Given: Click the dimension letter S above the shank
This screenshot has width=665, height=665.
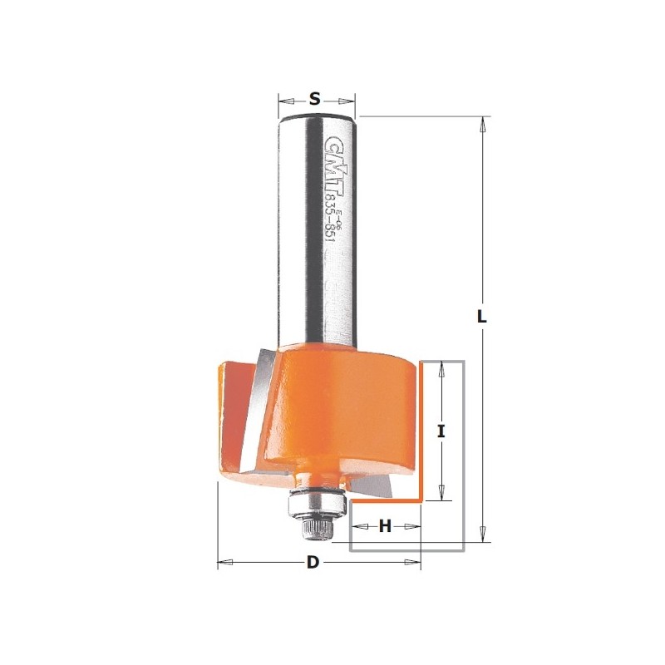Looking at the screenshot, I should (x=314, y=98).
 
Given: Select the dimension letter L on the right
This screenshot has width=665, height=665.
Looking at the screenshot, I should (x=480, y=317).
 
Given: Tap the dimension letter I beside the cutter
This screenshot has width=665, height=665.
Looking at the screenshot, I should (x=442, y=431).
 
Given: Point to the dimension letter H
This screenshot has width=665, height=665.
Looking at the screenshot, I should (x=385, y=525).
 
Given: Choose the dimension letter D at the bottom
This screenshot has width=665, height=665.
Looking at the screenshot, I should (x=313, y=563).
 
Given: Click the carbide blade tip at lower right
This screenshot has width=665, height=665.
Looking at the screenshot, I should (x=377, y=490).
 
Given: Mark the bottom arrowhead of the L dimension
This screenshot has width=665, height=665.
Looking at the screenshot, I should (x=480, y=536).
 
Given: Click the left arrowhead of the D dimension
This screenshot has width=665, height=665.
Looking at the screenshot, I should (x=222, y=563).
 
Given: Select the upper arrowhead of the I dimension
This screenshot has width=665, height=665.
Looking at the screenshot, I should (x=442, y=367).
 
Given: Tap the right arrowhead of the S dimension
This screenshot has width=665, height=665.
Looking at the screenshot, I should (x=351, y=98).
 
